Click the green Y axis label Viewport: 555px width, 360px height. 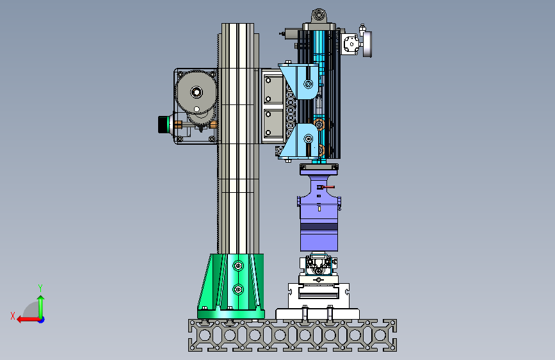click(x=40, y=288)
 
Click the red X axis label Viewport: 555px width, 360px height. click(x=13, y=316)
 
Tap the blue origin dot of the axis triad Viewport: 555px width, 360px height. click(x=42, y=320)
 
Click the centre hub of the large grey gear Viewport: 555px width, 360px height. click(x=197, y=92)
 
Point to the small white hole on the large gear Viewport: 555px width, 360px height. click(x=197, y=109)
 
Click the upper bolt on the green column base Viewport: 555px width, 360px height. click(x=238, y=266)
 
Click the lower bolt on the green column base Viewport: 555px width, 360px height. click(x=238, y=290)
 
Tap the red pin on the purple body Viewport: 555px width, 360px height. click(x=326, y=187)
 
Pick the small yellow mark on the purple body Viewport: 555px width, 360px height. click(x=319, y=209)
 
